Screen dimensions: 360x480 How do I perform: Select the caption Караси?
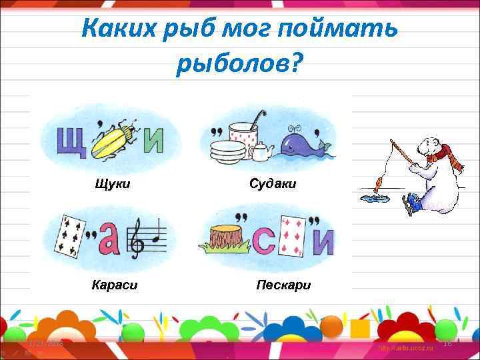pos(114,285)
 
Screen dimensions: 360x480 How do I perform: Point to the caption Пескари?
pos(283,285)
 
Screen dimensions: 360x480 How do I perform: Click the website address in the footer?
pos(405,349)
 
